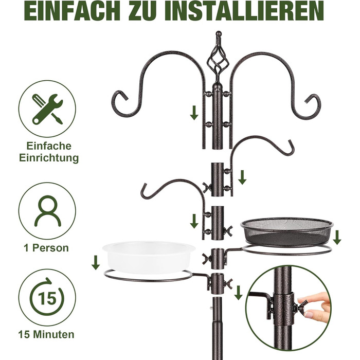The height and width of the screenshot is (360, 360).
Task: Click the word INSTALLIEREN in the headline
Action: (x=244, y=11)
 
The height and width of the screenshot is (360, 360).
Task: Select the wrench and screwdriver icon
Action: (x=47, y=109)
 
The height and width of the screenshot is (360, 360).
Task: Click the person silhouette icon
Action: (x=47, y=211)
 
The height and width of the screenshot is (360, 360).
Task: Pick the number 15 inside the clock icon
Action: (x=47, y=298)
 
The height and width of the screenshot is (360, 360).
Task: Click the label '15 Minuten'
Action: (x=46, y=334)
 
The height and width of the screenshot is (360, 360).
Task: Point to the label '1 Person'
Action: (x=46, y=248)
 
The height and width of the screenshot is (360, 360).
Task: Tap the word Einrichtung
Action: (x=49, y=158)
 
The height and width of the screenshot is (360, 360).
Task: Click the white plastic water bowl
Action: (x=149, y=257)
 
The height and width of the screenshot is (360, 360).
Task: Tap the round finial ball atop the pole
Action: (x=219, y=33)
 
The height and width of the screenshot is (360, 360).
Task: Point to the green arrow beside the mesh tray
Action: (x=337, y=238)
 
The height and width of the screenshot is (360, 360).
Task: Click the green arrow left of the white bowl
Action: (x=96, y=263)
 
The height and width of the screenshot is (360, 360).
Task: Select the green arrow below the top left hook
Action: (x=194, y=113)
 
